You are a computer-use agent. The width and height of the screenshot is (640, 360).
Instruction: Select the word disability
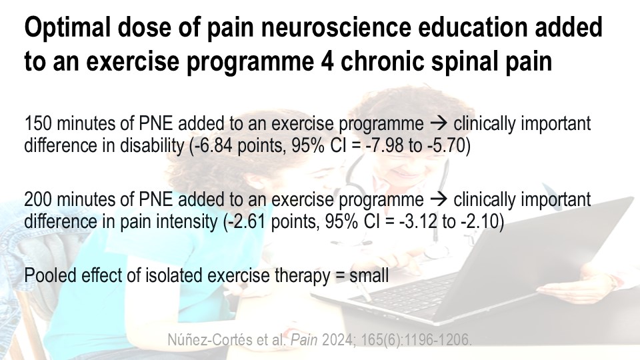tap(152, 146)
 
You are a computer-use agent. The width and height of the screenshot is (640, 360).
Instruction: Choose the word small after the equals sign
tap(369, 275)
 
